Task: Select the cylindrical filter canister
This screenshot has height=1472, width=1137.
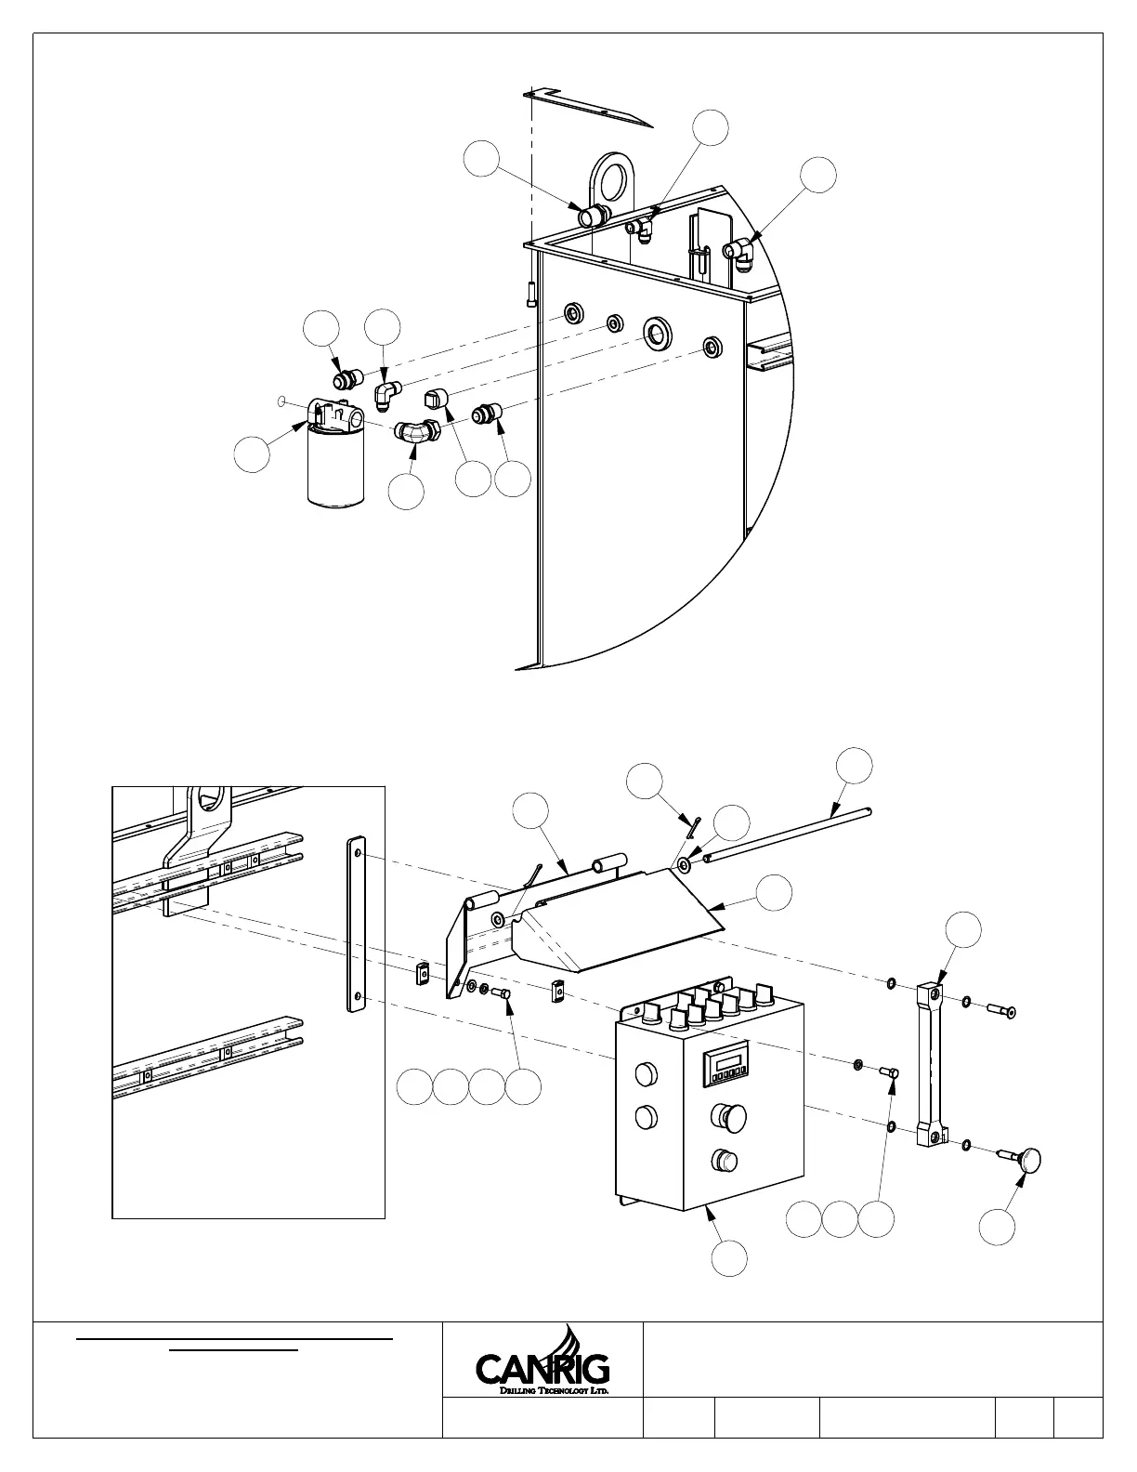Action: (335, 469)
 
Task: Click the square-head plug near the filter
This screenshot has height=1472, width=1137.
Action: (435, 400)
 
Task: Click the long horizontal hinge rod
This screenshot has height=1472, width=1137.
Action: (790, 834)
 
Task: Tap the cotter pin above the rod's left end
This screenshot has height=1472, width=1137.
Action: (693, 826)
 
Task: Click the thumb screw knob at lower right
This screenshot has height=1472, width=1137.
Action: (1027, 1159)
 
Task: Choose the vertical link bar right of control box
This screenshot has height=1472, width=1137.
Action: (932, 1064)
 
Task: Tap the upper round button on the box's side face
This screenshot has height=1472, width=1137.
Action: (643, 1075)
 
